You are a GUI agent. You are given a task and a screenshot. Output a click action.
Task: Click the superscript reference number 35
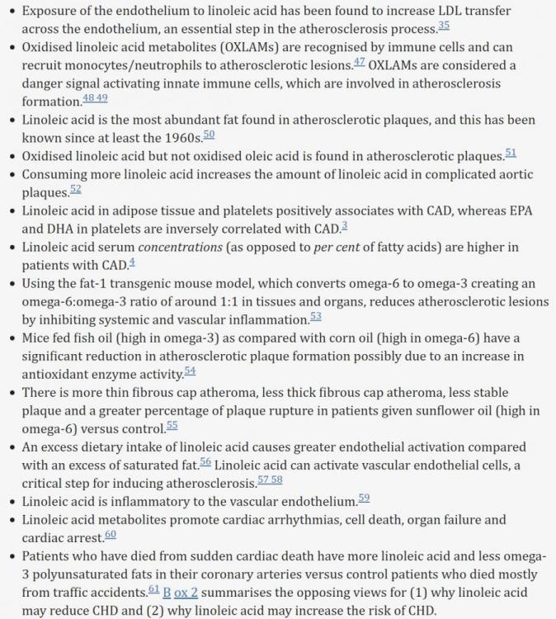click(444, 26)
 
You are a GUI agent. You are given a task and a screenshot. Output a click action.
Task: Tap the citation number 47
click(359, 61)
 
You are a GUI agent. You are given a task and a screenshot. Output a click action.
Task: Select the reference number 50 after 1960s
click(209, 134)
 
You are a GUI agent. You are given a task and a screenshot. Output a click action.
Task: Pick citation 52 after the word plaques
click(76, 188)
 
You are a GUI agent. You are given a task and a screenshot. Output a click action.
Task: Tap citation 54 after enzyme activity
click(190, 370)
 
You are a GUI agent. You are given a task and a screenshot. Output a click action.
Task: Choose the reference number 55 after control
click(172, 425)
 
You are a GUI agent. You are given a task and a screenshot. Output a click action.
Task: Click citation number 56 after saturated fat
click(205, 461)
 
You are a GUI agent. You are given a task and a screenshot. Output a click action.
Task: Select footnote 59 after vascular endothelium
click(364, 497)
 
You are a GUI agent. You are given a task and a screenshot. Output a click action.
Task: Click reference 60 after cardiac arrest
click(111, 534)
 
